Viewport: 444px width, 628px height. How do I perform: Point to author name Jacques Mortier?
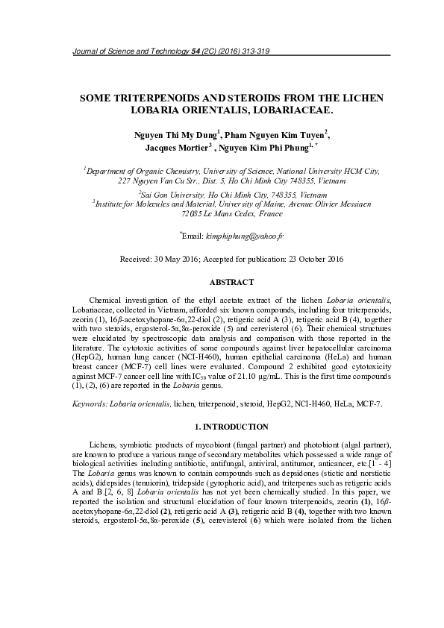pos(176,148)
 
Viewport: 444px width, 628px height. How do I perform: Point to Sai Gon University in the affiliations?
pos(175,192)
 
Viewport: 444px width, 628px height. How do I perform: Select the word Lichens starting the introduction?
pos(104,443)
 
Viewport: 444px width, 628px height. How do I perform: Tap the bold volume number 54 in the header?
pos(196,50)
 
